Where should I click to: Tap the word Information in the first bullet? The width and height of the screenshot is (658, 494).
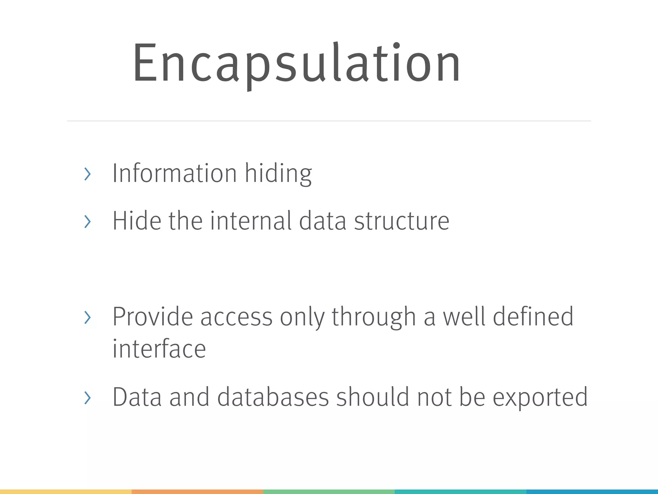174,173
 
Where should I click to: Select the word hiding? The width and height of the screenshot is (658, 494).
278,173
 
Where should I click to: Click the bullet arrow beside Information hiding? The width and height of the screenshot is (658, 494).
87,174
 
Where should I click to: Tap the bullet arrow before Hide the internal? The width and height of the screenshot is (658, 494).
87,222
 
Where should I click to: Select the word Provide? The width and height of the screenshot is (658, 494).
153,317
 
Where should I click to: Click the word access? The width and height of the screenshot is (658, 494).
236,317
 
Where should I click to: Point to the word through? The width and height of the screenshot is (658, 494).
374,317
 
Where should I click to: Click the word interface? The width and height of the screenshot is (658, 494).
159,349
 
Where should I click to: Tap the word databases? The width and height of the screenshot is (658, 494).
273,397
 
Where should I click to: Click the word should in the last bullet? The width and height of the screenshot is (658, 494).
373,397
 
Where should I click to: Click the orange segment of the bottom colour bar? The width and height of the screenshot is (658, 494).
197,491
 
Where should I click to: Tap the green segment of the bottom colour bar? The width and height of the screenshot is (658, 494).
329,491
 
